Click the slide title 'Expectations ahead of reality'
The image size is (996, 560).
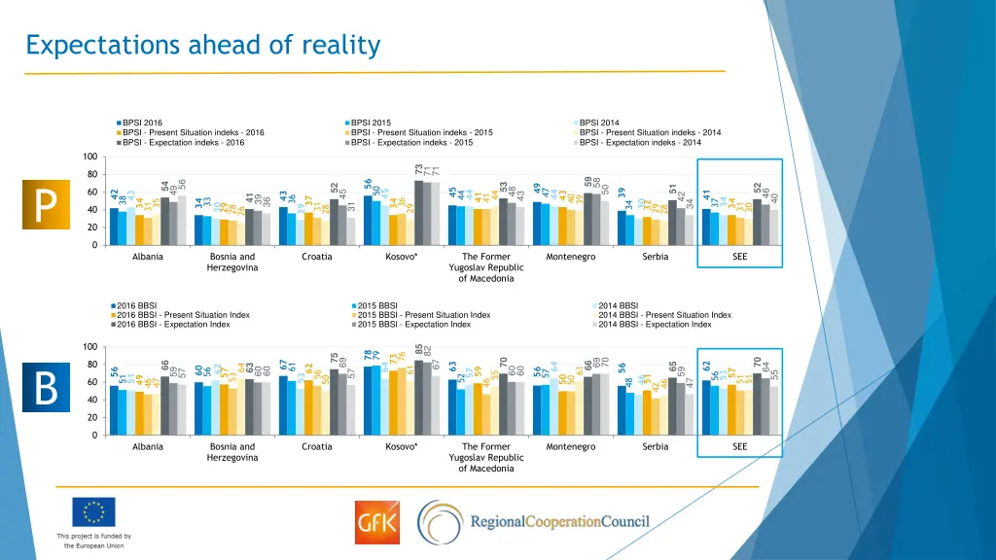point(202,45)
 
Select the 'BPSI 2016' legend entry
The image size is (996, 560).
point(142,122)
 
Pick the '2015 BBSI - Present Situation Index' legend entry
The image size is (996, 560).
point(424,315)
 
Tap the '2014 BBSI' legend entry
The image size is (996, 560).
point(619,305)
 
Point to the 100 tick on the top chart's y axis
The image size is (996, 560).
point(89,157)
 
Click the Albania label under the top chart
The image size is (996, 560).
point(148,257)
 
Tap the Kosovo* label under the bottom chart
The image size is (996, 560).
point(402,446)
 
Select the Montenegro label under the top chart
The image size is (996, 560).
point(571,257)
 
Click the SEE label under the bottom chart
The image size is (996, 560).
point(740,446)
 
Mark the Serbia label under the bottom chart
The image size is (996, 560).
point(656,446)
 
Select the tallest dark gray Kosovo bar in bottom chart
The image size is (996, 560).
point(418,398)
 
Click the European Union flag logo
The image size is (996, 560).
point(93,511)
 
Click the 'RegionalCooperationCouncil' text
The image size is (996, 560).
point(559,522)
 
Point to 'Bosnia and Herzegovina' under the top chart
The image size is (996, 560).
point(232,262)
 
